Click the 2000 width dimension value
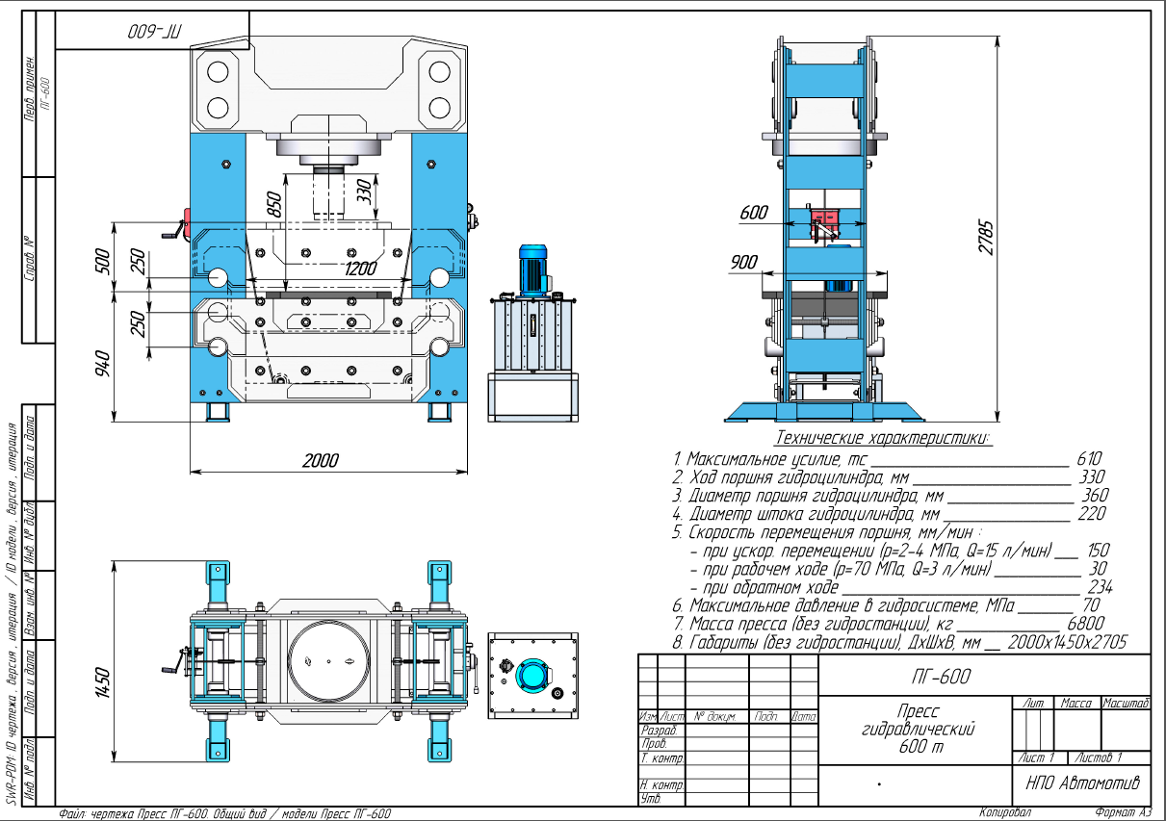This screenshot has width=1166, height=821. click(320, 461)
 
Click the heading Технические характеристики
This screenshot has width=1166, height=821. click(882, 439)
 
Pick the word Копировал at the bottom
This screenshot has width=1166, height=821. click(1005, 812)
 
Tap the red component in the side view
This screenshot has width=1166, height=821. click(826, 218)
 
